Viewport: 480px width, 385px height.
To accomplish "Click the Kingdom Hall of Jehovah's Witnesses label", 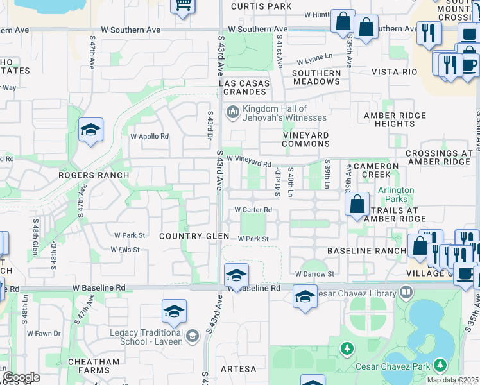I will click(x=275, y=113).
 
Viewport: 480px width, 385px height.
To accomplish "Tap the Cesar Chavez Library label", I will click(x=361, y=293).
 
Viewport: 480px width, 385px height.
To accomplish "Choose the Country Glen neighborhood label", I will click(x=194, y=236).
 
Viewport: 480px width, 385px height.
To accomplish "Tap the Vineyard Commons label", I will click(x=305, y=140).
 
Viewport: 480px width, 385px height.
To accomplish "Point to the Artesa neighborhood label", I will click(x=238, y=369).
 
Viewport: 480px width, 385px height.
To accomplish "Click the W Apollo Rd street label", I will click(x=149, y=137).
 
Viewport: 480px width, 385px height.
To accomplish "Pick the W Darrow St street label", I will click(x=314, y=274).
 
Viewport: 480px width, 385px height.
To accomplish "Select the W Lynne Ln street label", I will click(x=316, y=62).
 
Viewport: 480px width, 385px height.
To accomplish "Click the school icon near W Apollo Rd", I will click(x=90, y=130).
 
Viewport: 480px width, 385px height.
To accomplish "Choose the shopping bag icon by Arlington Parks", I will click(x=357, y=205).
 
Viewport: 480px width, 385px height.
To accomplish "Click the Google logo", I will click(x=22, y=377).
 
